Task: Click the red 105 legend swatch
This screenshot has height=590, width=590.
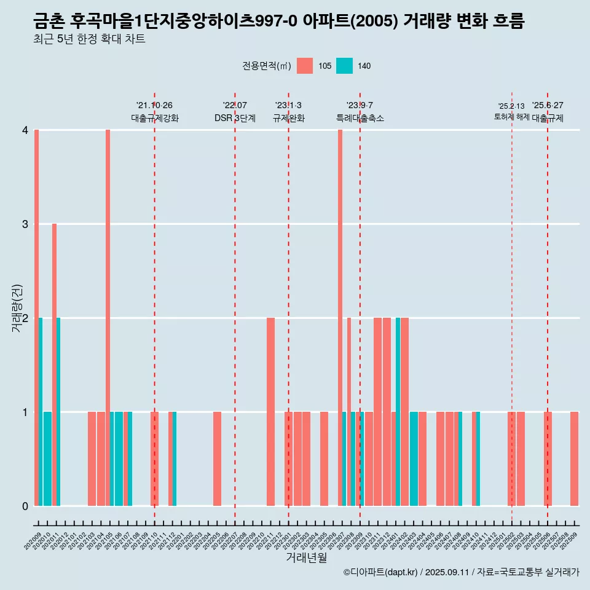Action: click(x=305, y=66)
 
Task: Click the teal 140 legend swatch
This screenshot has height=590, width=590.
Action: click(x=344, y=66)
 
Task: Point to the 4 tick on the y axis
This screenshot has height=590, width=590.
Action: click(x=25, y=130)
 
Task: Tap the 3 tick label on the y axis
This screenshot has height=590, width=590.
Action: click(x=25, y=224)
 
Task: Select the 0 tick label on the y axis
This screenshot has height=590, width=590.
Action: click(x=25, y=506)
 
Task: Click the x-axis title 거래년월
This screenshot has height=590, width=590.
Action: click(x=306, y=557)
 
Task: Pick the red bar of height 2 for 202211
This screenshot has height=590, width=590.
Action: click(x=270, y=412)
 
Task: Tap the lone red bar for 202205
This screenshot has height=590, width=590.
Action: click(x=217, y=458)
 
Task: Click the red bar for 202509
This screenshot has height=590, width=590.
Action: click(x=574, y=458)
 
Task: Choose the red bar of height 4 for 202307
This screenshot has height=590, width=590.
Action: click(x=340, y=318)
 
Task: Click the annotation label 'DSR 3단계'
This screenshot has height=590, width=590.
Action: click(x=235, y=118)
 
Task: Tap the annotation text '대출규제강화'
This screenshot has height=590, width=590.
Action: click(x=155, y=118)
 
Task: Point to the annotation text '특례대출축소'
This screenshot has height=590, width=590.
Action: click(x=360, y=118)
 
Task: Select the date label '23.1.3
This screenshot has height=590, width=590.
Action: click(x=288, y=106)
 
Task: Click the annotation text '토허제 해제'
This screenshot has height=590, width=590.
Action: click(x=512, y=116)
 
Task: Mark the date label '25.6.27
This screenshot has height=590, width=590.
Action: click(x=548, y=106)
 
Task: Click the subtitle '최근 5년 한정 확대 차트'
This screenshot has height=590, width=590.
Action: click(x=89, y=39)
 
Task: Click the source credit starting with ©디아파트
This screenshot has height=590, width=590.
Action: click(x=461, y=572)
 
